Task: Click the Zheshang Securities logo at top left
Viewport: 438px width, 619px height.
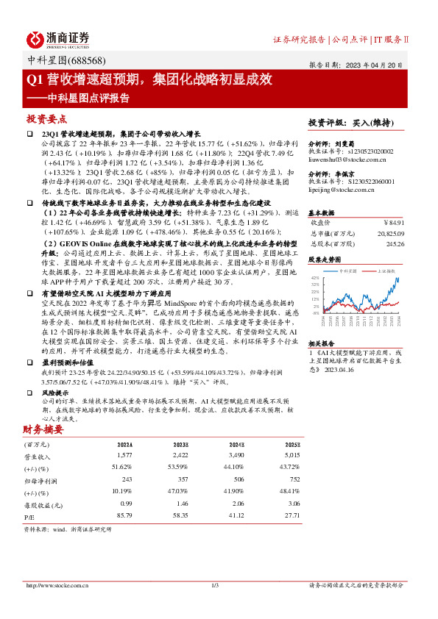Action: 58,39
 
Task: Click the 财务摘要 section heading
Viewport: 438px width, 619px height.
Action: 43,429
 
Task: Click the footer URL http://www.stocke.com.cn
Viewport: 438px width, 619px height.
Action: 57,585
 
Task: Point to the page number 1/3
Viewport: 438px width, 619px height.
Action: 216,585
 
